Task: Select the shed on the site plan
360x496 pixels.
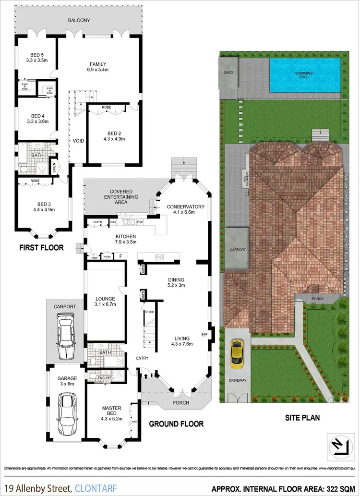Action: [228, 73]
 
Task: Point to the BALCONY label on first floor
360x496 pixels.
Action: [79, 20]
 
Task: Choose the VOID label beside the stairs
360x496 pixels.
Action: [78, 141]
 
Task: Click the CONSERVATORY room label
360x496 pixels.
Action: [186, 207]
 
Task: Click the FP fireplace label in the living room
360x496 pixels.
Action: [204, 334]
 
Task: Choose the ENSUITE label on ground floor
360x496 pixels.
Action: [105, 378]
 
